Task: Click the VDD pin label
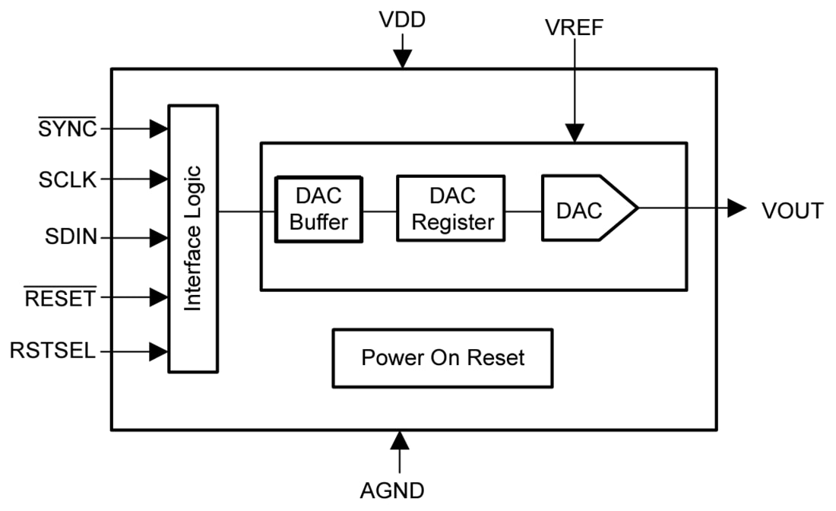tap(402, 20)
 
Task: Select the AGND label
tap(392, 490)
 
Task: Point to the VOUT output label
tap(792, 211)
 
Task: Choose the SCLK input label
tap(68, 179)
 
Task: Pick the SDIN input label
tap(71, 237)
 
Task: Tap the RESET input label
tap(61, 298)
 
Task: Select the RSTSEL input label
tap(53, 351)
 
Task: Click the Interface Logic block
tap(193, 238)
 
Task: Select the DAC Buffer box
tap(318, 209)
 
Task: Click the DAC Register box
tap(451, 208)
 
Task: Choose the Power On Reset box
tap(442, 357)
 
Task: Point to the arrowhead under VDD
tap(402, 59)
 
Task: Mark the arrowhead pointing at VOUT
tap(736, 208)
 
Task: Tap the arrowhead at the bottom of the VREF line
tap(575, 133)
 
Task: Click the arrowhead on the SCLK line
tap(158, 179)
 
